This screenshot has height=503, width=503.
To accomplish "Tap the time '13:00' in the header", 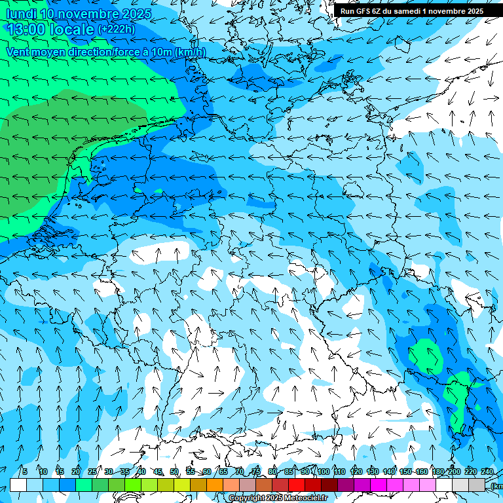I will point(26,29).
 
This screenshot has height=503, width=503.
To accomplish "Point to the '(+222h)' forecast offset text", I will point(117,29).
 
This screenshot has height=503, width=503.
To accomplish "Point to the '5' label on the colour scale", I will point(25,472).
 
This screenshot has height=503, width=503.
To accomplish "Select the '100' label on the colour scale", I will point(323,472).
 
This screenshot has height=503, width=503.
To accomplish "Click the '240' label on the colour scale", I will point(487,472).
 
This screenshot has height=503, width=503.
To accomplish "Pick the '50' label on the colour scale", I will point(174,472).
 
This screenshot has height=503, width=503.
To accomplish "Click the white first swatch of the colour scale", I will point(18,485).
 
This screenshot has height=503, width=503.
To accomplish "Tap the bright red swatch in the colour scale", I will point(297,485).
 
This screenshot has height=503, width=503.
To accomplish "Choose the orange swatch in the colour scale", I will point(215,485).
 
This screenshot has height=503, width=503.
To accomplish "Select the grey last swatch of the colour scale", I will point(477,485).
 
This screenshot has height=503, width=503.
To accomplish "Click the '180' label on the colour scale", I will point(438,472).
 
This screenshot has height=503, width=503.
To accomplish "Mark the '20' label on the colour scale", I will point(76,472).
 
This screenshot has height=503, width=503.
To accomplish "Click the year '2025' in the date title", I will point(137,14).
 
